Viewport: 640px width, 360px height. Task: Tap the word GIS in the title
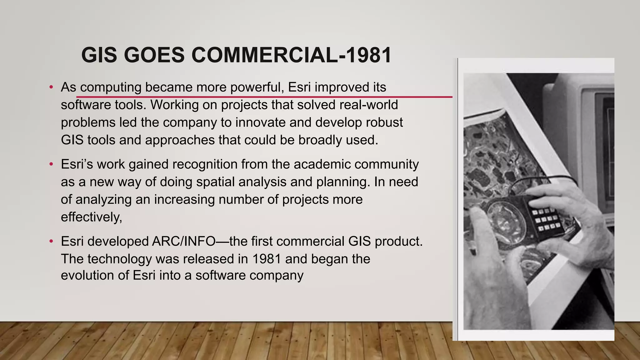99,55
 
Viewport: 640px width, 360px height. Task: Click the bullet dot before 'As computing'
51,87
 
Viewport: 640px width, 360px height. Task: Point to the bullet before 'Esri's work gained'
51,164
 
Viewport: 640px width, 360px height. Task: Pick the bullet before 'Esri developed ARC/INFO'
51,242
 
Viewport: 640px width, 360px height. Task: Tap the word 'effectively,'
91,217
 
